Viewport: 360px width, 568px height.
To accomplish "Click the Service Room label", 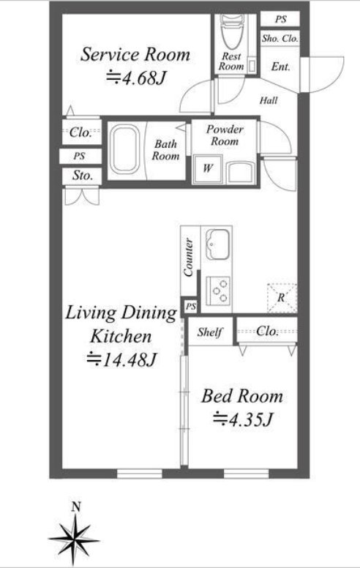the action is [x=135, y=54].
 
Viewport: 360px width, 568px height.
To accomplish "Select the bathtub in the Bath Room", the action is [x=124, y=150].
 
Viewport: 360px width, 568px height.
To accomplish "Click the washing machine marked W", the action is [x=208, y=168].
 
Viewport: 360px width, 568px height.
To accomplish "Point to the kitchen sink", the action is [x=217, y=244].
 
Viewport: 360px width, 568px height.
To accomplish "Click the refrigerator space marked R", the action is [x=282, y=298].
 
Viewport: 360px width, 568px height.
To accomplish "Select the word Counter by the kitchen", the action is [x=189, y=257].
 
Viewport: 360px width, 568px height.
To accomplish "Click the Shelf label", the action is [x=210, y=332].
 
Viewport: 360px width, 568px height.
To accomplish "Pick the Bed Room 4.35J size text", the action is [x=243, y=419].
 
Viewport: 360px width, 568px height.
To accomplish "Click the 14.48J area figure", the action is [x=121, y=359].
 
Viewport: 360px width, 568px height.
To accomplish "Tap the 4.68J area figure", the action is [x=136, y=77].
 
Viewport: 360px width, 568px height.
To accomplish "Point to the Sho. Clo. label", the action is [x=280, y=38].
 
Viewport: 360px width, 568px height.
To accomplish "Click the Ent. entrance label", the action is [x=281, y=67].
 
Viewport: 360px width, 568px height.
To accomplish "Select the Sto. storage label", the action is [x=82, y=176].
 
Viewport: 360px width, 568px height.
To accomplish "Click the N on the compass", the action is [x=75, y=507].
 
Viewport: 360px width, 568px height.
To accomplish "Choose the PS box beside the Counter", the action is [x=190, y=307].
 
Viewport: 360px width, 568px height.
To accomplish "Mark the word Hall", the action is [x=269, y=100].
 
